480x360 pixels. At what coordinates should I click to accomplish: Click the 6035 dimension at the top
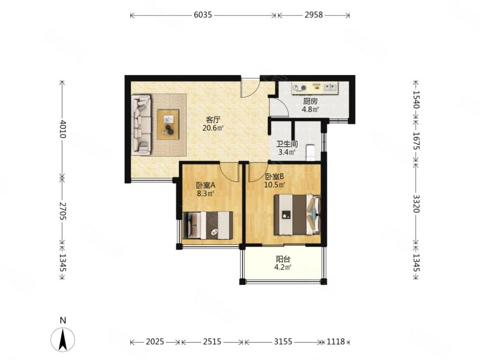pyautogui.click(x=203, y=15)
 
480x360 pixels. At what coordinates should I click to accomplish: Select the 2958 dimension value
pyautogui.click(x=313, y=15)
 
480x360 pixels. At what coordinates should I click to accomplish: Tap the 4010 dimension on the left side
pyautogui.click(x=62, y=129)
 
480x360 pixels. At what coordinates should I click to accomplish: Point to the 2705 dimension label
pyautogui.click(x=62, y=211)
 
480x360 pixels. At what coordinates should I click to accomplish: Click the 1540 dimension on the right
pyautogui.click(x=416, y=100)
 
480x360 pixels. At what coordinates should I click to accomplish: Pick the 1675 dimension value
pyautogui.click(x=416, y=140)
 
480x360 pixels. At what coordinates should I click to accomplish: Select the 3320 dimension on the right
pyautogui.click(x=416, y=203)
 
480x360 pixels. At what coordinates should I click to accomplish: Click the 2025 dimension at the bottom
pyautogui.click(x=155, y=341)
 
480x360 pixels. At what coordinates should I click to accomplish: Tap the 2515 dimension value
pyautogui.click(x=212, y=341)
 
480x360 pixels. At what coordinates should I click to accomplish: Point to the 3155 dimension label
pyautogui.click(x=283, y=341)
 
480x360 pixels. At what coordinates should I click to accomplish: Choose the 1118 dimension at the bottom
pyautogui.click(x=336, y=341)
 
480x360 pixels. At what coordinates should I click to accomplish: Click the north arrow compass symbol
pyautogui.click(x=63, y=339)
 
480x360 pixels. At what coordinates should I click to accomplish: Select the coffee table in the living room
pyautogui.click(x=169, y=125)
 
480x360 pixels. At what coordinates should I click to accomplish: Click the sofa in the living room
pyautogui.click(x=141, y=124)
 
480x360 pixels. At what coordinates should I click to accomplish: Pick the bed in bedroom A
pyautogui.click(x=208, y=226)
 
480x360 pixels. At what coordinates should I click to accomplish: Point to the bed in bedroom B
pyautogui.click(x=297, y=214)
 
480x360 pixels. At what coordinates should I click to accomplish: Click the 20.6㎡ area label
pyautogui.click(x=213, y=128)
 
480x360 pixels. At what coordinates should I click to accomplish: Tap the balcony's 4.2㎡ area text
pyautogui.click(x=283, y=267)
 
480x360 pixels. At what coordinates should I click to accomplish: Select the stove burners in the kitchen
pyautogui.click(x=299, y=88)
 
